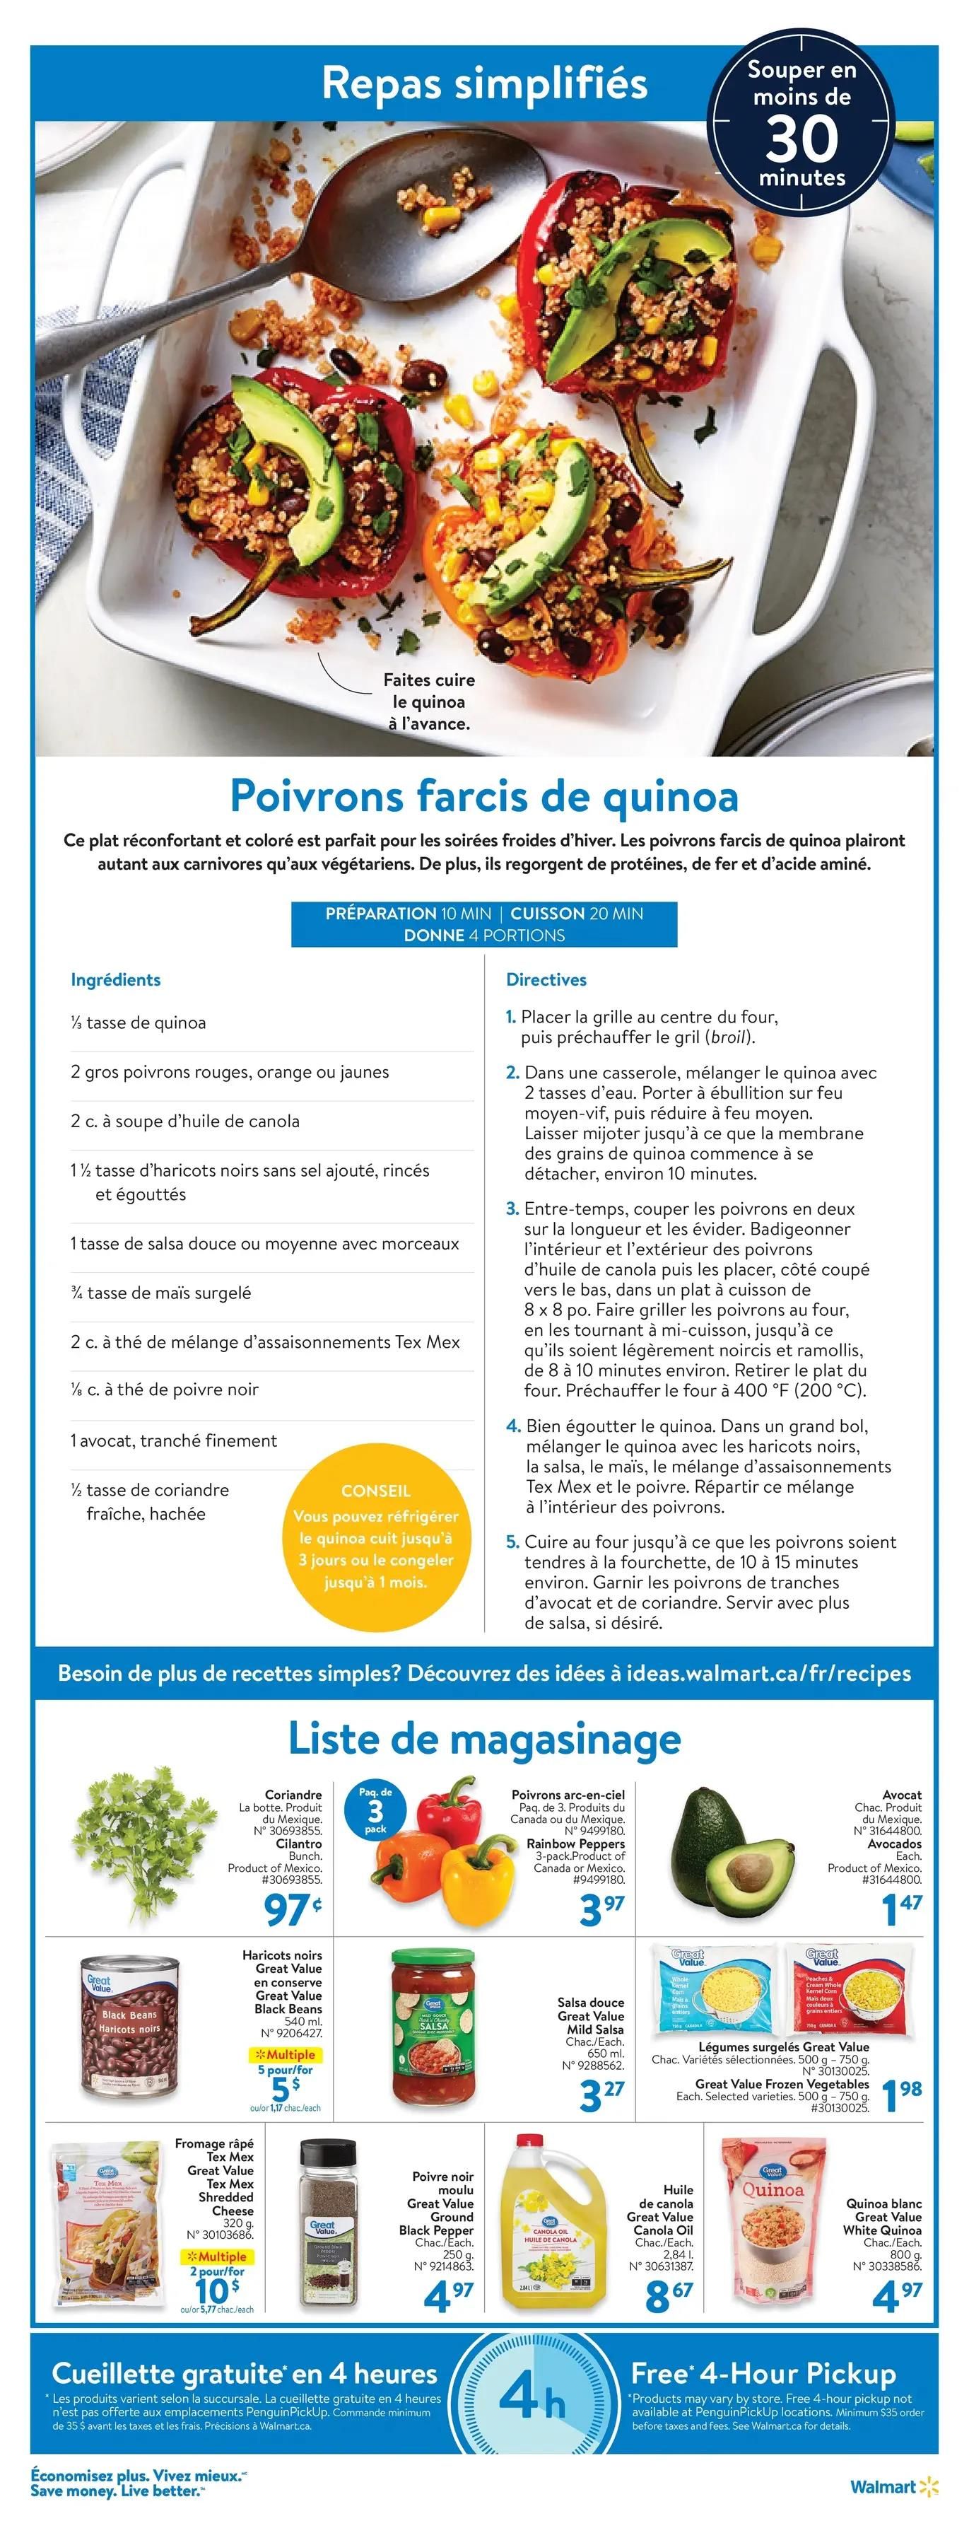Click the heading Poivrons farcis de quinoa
pyautogui.click(x=484, y=796)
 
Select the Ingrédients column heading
pyautogui.click(x=116, y=980)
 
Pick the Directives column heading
pyautogui.click(x=546, y=980)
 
